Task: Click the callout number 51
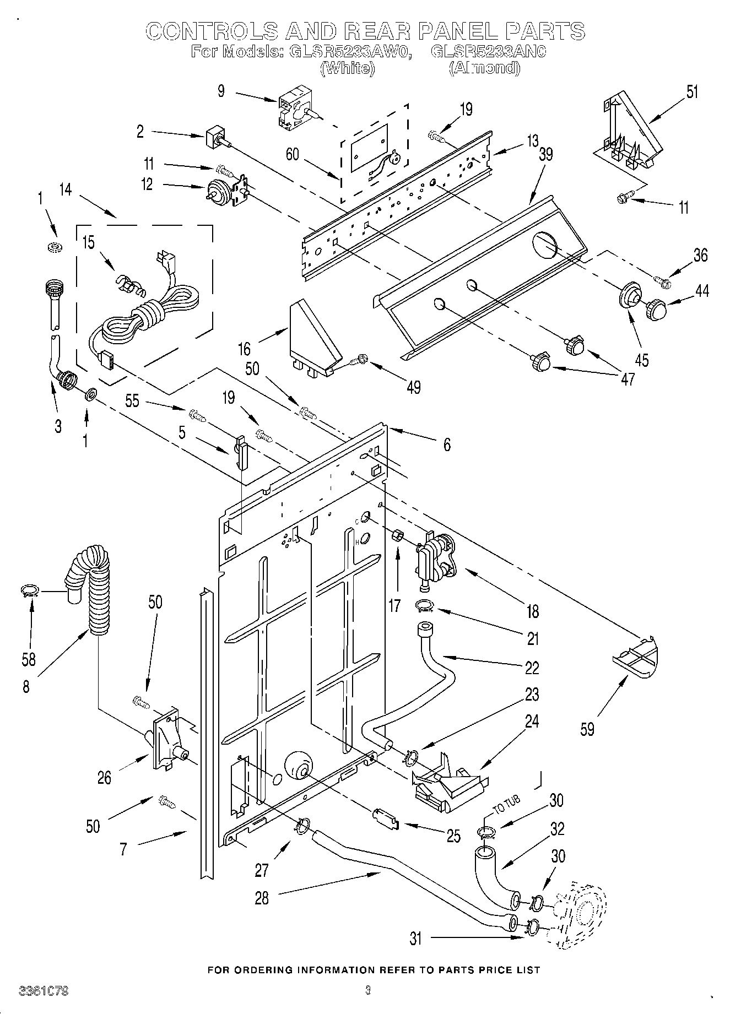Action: point(692,92)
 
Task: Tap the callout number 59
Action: point(587,729)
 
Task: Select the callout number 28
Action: point(262,898)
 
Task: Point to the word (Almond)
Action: point(484,68)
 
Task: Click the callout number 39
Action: point(545,155)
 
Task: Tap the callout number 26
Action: point(104,778)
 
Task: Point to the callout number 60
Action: point(292,154)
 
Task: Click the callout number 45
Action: point(641,360)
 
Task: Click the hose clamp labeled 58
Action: point(29,591)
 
